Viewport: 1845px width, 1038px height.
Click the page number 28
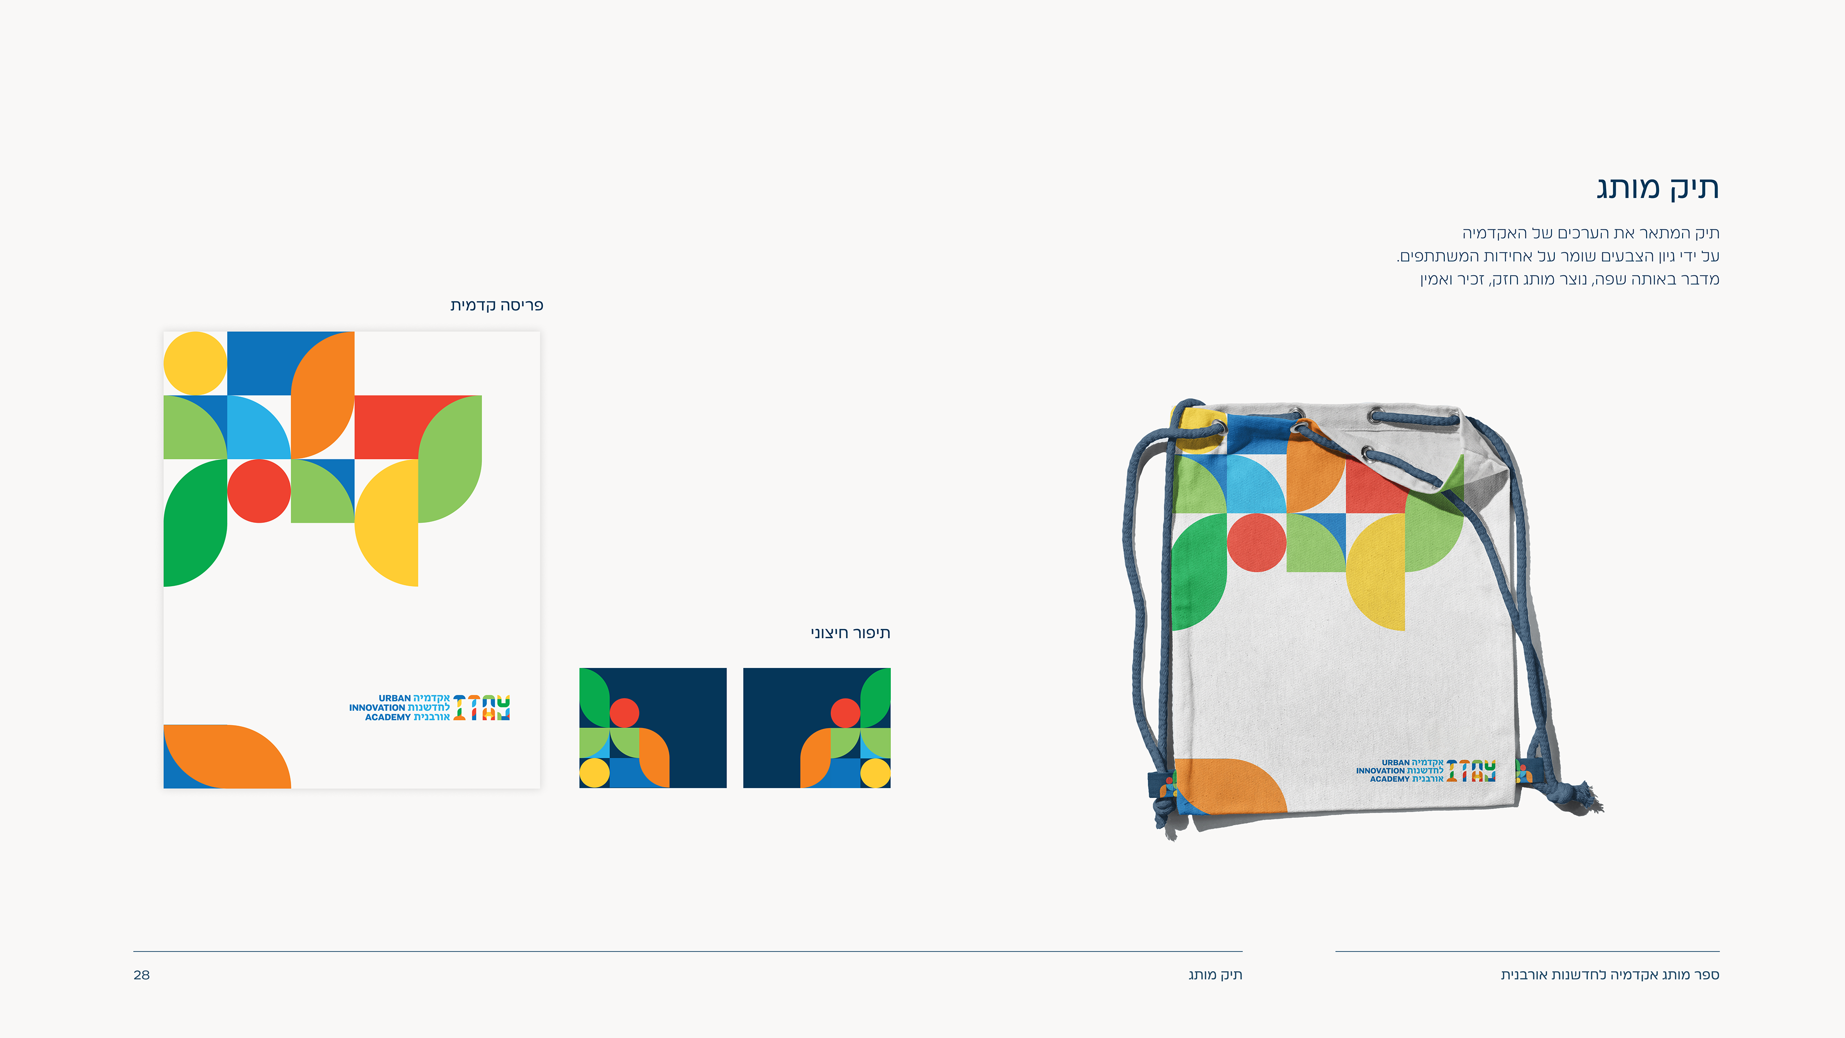[141, 975]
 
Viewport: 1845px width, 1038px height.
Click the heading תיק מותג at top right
[1657, 188]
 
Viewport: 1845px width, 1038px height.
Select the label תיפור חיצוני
[850, 633]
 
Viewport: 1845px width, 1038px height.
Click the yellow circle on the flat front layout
[195, 362]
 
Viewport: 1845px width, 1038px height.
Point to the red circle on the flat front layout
[258, 491]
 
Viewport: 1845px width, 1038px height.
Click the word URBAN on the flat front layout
[394, 698]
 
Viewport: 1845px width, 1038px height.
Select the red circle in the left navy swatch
[624, 713]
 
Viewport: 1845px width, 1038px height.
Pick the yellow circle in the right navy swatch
[874, 773]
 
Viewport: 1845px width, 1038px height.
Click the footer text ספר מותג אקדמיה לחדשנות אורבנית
[1610, 975]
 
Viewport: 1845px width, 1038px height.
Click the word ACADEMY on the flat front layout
[387, 717]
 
